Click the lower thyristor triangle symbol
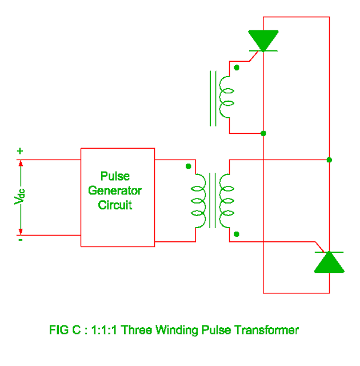coord(329,262)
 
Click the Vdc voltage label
coord(20,197)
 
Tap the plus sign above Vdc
coord(20,152)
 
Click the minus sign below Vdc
coord(20,240)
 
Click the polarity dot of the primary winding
coord(189,167)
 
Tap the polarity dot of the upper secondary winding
coord(237,67)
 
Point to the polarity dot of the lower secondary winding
coord(237,234)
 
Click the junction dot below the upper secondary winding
coord(263,133)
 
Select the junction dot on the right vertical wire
coord(329,160)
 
